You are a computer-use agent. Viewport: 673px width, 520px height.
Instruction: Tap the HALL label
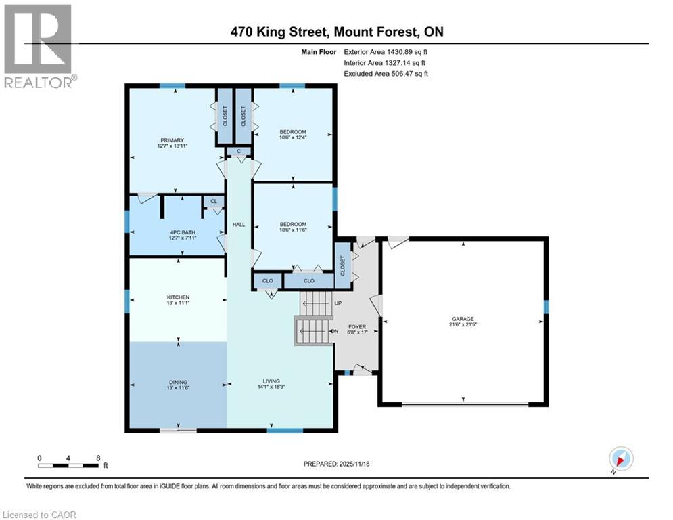[239, 225]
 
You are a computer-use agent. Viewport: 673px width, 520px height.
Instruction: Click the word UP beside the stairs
[338, 303]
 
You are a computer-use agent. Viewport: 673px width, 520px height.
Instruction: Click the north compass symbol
[620, 458]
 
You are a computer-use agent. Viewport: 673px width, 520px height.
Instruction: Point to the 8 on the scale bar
[99, 458]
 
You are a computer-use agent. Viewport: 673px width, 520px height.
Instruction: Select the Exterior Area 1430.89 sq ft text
[386, 51]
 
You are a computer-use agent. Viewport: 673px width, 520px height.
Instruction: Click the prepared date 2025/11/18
[335, 464]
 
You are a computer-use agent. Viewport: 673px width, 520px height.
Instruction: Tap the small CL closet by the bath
[214, 201]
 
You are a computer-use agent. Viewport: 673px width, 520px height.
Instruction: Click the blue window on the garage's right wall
[546, 307]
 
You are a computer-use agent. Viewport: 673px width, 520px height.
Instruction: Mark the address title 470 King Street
[335, 32]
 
